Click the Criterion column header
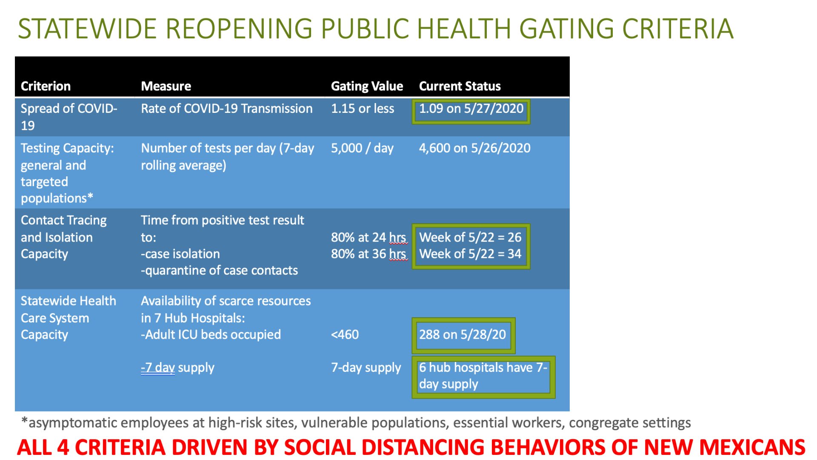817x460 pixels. [x=46, y=86]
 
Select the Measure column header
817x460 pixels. [x=166, y=86]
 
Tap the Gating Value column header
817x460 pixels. [x=367, y=86]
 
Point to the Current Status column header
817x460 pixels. [x=460, y=86]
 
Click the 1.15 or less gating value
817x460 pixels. [x=363, y=109]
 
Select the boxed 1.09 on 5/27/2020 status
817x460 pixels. [x=471, y=112]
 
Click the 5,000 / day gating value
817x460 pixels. [x=362, y=148]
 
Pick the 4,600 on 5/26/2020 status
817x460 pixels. [x=474, y=148]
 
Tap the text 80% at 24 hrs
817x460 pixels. [x=369, y=237]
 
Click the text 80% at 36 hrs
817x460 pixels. [x=369, y=254]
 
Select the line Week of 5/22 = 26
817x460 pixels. [x=470, y=237]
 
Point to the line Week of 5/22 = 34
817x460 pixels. [x=470, y=254]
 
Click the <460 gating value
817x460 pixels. [x=345, y=335]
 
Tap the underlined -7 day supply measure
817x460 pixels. [x=177, y=368]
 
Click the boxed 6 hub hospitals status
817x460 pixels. [x=483, y=377]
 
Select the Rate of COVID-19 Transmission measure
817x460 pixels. [x=227, y=109]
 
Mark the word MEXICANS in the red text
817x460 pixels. [x=752, y=448]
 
